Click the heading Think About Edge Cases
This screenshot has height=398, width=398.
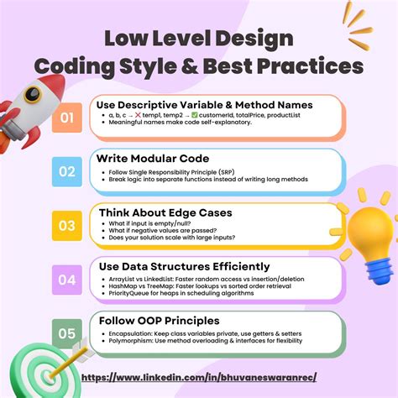click(165, 212)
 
